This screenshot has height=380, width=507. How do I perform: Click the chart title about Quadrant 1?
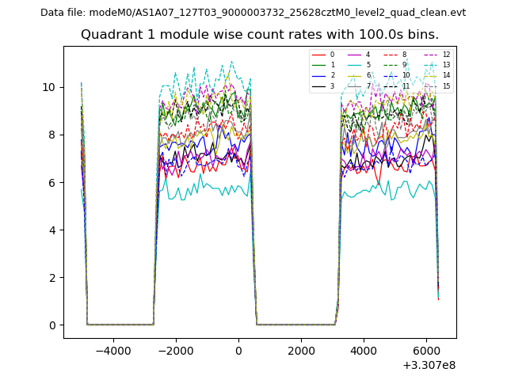(260, 35)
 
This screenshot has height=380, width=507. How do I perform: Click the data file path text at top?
(253, 13)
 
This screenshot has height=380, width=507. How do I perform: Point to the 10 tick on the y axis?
(53, 87)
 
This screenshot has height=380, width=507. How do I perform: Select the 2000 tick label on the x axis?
(301, 350)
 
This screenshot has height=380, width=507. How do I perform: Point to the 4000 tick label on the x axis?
(364, 350)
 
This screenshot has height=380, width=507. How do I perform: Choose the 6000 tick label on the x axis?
(426, 350)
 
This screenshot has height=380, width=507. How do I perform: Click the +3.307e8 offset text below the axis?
(429, 365)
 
